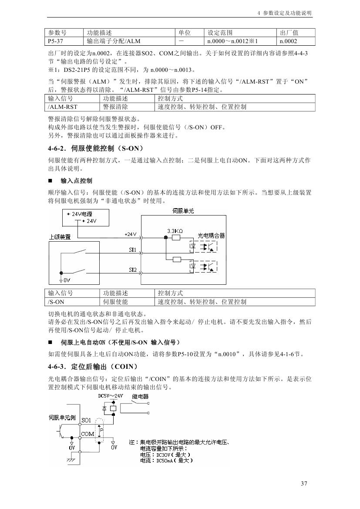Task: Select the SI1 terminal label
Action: tap(133, 250)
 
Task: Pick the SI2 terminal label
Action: tap(133, 270)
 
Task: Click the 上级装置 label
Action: tap(60, 237)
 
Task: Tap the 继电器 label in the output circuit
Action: tap(140, 397)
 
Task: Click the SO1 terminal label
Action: tap(86, 421)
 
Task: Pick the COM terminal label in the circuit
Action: tap(87, 434)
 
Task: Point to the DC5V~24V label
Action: tap(111, 397)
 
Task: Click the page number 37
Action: tap(304, 484)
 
